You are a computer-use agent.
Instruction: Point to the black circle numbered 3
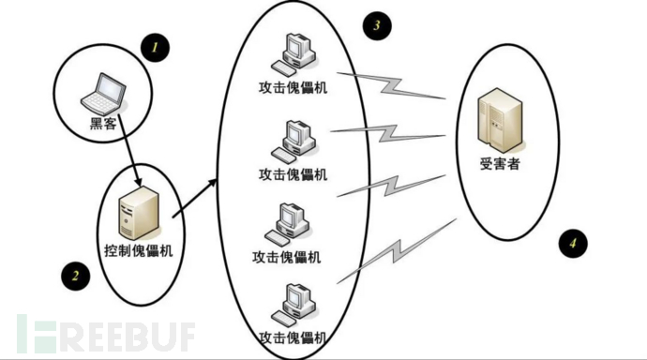(376, 25)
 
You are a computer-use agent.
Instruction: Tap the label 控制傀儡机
(139, 250)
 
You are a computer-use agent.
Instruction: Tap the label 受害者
(499, 165)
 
